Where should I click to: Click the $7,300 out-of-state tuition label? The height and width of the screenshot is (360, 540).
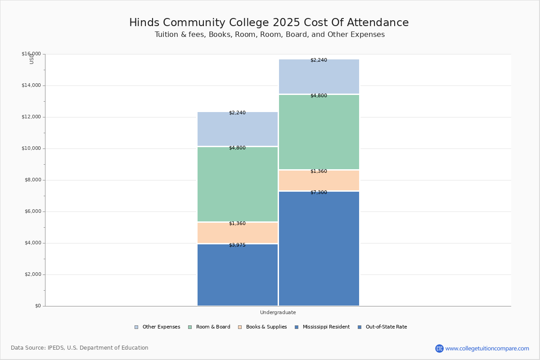click(x=319, y=193)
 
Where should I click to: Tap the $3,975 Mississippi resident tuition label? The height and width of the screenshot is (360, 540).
click(x=237, y=245)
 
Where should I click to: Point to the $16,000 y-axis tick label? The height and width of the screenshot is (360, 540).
click(x=31, y=54)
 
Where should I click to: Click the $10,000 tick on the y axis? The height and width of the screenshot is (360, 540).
click(x=31, y=148)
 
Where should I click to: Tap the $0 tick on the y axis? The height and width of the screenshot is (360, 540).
click(x=38, y=306)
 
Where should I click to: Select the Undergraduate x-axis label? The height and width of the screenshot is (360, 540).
click(x=278, y=312)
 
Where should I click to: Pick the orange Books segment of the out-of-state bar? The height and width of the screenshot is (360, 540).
click(x=319, y=181)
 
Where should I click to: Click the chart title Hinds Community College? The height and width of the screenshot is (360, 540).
click(x=269, y=22)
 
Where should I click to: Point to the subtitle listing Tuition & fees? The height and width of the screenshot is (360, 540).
click(x=270, y=35)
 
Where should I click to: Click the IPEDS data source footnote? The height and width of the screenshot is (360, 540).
click(x=80, y=348)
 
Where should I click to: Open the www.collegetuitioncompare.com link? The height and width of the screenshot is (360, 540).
click(x=487, y=348)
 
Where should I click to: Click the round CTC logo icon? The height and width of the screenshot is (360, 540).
click(x=439, y=348)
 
